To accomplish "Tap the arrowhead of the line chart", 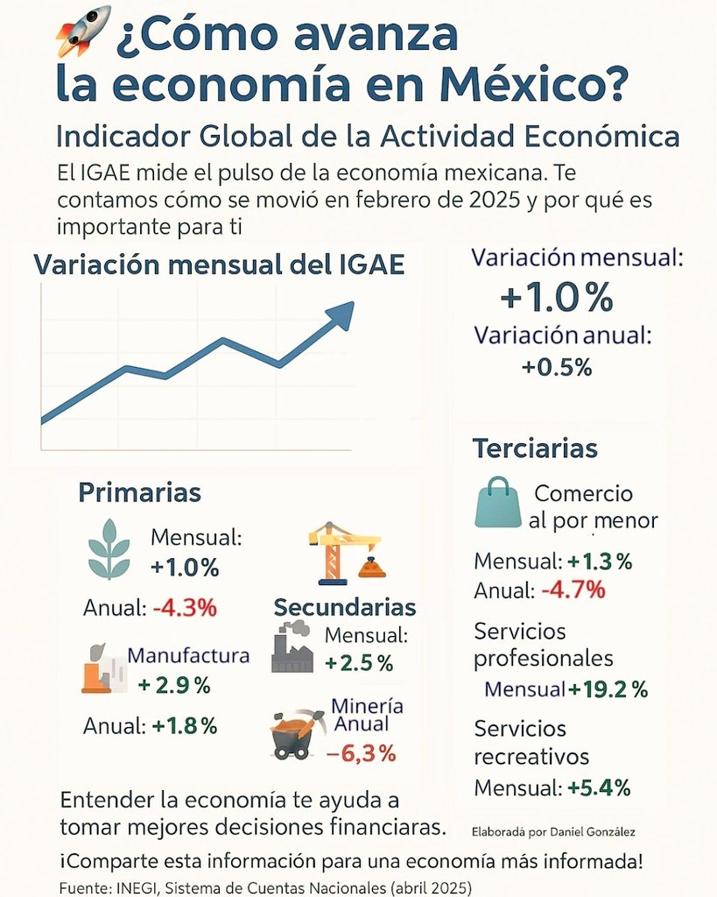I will click(341, 314).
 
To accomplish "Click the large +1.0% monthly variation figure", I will click(556, 299).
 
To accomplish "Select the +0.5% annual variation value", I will click(557, 368).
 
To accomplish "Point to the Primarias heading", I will click(140, 492).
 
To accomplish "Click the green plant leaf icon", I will click(109, 548).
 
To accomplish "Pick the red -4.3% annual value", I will click(185, 607).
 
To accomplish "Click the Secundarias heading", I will click(345, 607).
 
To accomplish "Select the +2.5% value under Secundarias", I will click(359, 663).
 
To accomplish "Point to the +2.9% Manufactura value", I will click(174, 686).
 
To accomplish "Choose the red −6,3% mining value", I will click(361, 752).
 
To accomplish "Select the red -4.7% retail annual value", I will click(573, 590).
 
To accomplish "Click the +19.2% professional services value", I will click(608, 689).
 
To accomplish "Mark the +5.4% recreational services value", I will click(599, 788).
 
